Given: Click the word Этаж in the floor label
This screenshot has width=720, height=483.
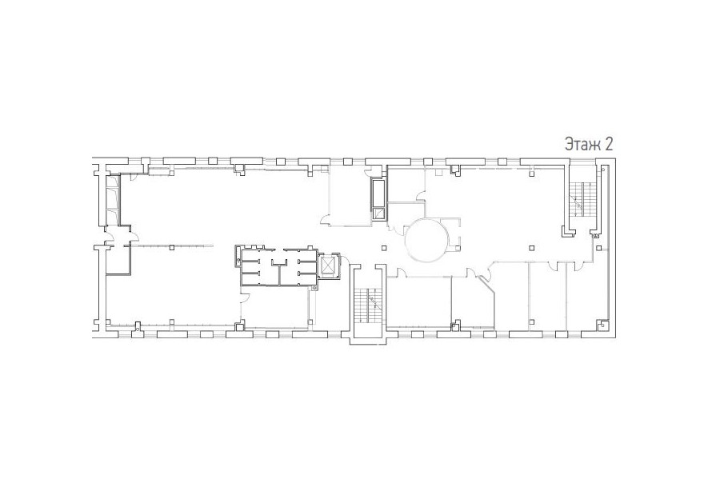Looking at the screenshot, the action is click(x=582, y=144).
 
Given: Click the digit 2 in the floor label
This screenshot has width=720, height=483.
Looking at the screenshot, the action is click(x=609, y=144).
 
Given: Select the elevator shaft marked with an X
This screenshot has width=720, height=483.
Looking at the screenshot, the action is click(x=328, y=265).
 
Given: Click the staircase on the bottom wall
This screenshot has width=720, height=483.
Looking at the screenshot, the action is click(x=368, y=304).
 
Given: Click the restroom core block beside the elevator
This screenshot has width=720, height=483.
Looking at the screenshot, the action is click(x=276, y=266).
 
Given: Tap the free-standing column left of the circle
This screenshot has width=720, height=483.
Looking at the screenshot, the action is click(x=384, y=249).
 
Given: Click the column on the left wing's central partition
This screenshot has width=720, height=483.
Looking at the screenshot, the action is click(x=171, y=248).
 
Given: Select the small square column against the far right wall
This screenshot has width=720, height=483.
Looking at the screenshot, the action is click(x=598, y=248).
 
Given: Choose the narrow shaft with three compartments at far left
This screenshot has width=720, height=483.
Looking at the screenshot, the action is click(x=113, y=200).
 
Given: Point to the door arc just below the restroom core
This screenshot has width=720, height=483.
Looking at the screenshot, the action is click(x=246, y=297).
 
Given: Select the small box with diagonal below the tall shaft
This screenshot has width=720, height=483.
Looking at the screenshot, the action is click(x=379, y=215).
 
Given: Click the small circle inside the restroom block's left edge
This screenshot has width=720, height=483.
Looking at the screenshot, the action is click(x=238, y=261).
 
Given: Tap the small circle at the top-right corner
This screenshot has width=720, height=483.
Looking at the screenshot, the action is click(x=603, y=170).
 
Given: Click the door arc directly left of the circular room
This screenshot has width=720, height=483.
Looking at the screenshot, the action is click(x=392, y=228).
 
